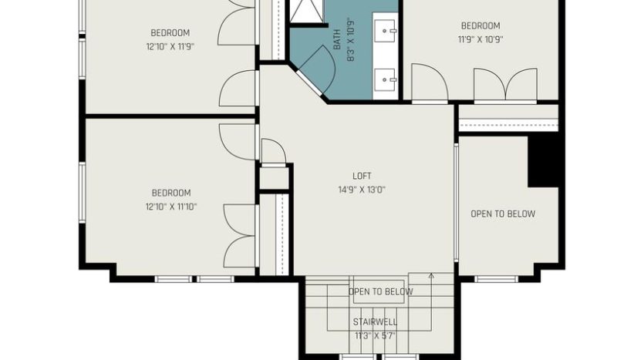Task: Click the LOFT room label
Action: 362,176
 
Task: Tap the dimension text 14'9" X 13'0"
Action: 362,190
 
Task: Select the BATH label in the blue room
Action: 337,39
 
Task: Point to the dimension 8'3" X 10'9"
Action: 350,39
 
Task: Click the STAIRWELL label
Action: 375,321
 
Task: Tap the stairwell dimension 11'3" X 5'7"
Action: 375,336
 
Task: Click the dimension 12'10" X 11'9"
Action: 170,46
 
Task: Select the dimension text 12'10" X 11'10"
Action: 171,207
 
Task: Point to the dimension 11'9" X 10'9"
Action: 480,39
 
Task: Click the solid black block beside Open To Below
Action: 543,161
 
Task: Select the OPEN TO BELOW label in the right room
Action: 503,214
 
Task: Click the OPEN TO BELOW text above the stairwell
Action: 380,292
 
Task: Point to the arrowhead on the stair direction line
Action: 431,276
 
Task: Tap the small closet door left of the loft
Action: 274,153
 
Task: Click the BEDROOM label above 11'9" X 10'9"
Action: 480,26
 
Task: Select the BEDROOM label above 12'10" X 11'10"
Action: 171,193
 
